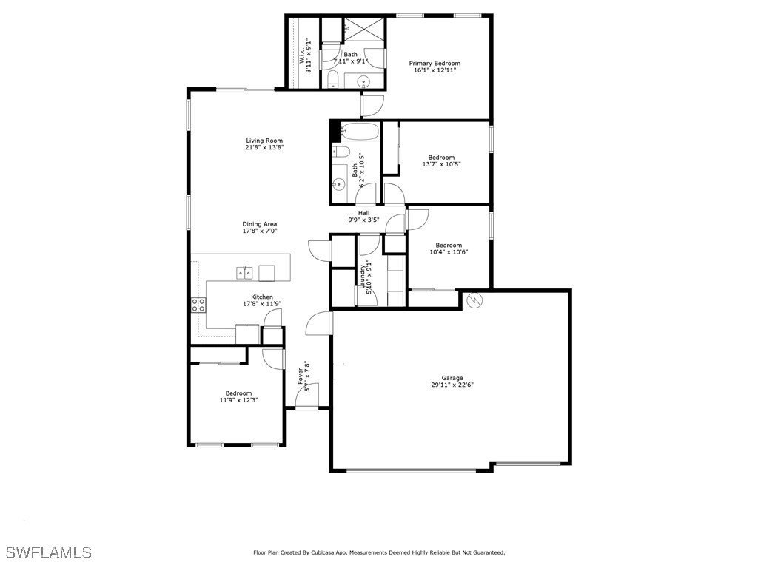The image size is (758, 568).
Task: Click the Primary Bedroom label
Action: (x=435, y=64)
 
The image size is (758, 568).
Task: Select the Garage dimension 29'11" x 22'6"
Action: (x=452, y=385)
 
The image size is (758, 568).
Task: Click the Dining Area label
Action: (x=260, y=224)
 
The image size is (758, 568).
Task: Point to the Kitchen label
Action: (x=262, y=297)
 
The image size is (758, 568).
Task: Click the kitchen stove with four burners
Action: (x=198, y=305)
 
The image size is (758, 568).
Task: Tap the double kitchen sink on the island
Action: (x=244, y=273)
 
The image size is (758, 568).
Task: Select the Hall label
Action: (x=364, y=213)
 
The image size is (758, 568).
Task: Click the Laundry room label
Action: (x=363, y=277)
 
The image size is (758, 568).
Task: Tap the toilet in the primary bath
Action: (x=333, y=79)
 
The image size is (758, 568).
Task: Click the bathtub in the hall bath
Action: (x=360, y=132)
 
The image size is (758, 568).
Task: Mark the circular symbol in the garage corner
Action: (x=474, y=300)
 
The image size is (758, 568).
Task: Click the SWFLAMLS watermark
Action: (x=49, y=552)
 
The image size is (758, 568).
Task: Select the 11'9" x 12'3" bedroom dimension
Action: (x=238, y=400)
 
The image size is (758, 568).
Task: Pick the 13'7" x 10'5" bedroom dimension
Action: (x=441, y=164)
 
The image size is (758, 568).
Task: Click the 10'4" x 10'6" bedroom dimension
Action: (x=449, y=252)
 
